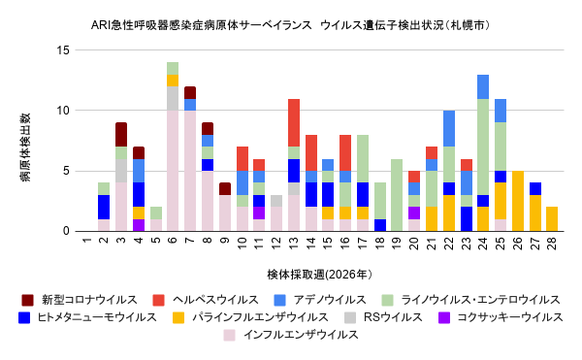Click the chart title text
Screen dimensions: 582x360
(x=290, y=25)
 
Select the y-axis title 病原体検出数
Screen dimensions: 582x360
(x=25, y=147)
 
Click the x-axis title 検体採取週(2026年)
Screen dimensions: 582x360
(x=319, y=275)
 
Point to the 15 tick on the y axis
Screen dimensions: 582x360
(x=63, y=50)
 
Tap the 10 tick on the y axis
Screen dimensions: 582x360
(x=63, y=111)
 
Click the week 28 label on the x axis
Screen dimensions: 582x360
(x=552, y=244)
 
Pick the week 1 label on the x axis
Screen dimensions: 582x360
(x=87, y=241)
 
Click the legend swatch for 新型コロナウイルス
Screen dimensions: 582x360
(x=27, y=300)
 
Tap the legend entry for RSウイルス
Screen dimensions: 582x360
(x=393, y=317)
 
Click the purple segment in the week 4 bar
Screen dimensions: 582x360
(x=139, y=225)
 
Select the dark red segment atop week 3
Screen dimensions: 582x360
(x=121, y=135)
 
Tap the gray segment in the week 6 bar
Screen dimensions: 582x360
(x=173, y=98)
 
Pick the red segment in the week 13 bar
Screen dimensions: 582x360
(x=294, y=123)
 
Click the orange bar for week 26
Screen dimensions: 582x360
(x=517, y=201)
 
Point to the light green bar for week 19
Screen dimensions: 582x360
(x=397, y=195)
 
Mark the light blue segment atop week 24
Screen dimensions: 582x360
(x=483, y=86)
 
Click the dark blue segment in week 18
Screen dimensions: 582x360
(x=379, y=225)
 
